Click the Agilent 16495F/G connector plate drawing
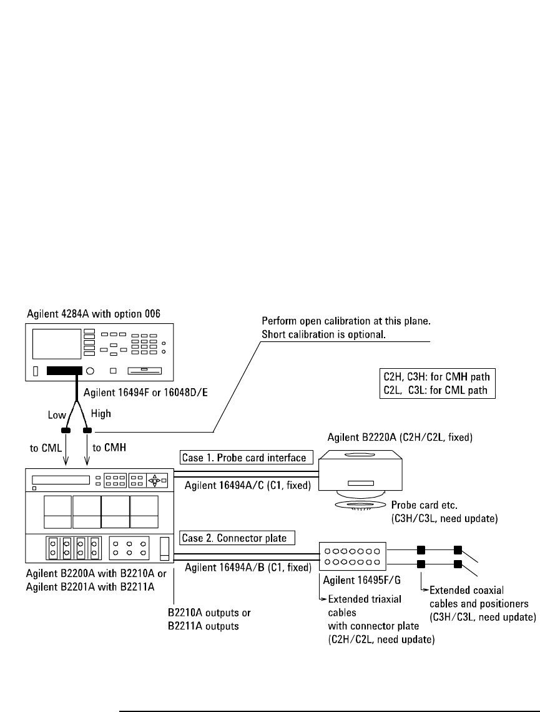click(354, 554)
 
